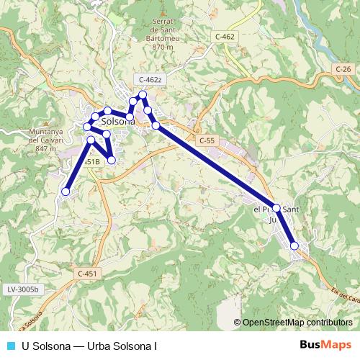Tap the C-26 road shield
[x=343, y=68]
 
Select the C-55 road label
[x=207, y=140]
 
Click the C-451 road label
[x=86, y=274]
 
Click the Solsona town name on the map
[x=119, y=122]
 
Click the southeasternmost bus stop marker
[x=294, y=246]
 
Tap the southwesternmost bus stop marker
[x=66, y=192]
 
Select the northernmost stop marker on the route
[x=143, y=95]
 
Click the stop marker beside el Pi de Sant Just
[x=276, y=207]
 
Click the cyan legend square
[x=10, y=345]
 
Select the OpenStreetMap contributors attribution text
[x=297, y=323]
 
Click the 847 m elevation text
[x=45, y=148]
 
